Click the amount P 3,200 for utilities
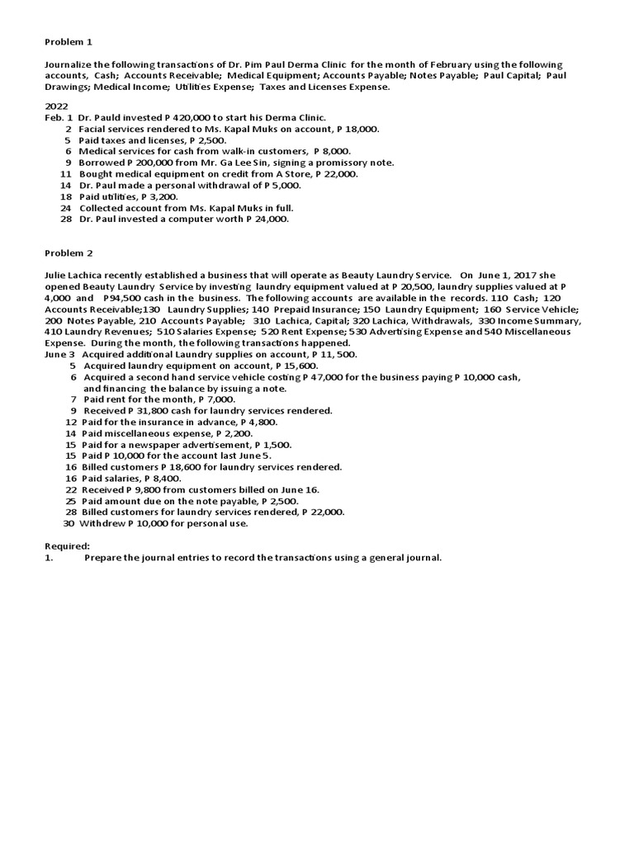tap(159, 196)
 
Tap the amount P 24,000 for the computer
tap(267, 220)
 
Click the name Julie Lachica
tap(77, 275)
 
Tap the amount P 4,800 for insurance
tap(258, 422)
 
